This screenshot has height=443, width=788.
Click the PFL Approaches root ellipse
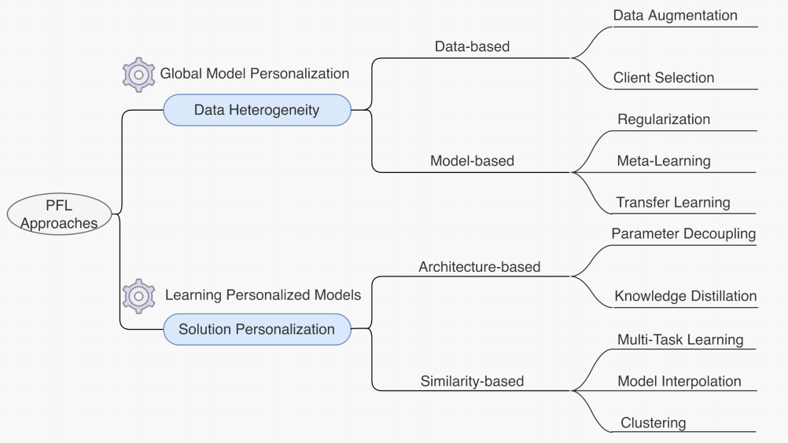tap(59, 214)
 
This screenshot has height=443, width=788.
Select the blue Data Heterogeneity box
tap(257, 110)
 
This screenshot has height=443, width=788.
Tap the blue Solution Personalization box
tap(257, 329)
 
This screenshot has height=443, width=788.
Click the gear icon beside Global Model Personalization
tap(139, 75)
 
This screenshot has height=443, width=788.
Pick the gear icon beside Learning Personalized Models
tap(139, 295)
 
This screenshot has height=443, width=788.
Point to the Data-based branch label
tap(472, 47)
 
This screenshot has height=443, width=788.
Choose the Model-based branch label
tap(472, 161)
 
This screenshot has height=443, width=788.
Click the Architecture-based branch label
tap(479, 267)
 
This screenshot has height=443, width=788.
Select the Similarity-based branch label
tap(472, 382)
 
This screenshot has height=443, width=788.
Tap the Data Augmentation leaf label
tap(675, 16)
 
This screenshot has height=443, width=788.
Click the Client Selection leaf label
tap(664, 78)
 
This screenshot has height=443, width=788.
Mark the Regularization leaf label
tap(664, 119)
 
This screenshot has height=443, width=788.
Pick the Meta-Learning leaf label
tap(664, 161)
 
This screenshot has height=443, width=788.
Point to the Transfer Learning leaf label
tap(673, 203)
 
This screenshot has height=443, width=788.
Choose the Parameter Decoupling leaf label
tap(683, 234)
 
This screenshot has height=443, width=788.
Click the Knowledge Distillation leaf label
tap(685, 296)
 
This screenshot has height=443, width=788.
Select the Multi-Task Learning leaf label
tap(680, 340)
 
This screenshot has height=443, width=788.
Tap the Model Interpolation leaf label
tap(679, 382)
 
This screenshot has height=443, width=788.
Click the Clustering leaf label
tap(654, 423)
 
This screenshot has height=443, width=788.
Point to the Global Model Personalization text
tap(255, 74)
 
